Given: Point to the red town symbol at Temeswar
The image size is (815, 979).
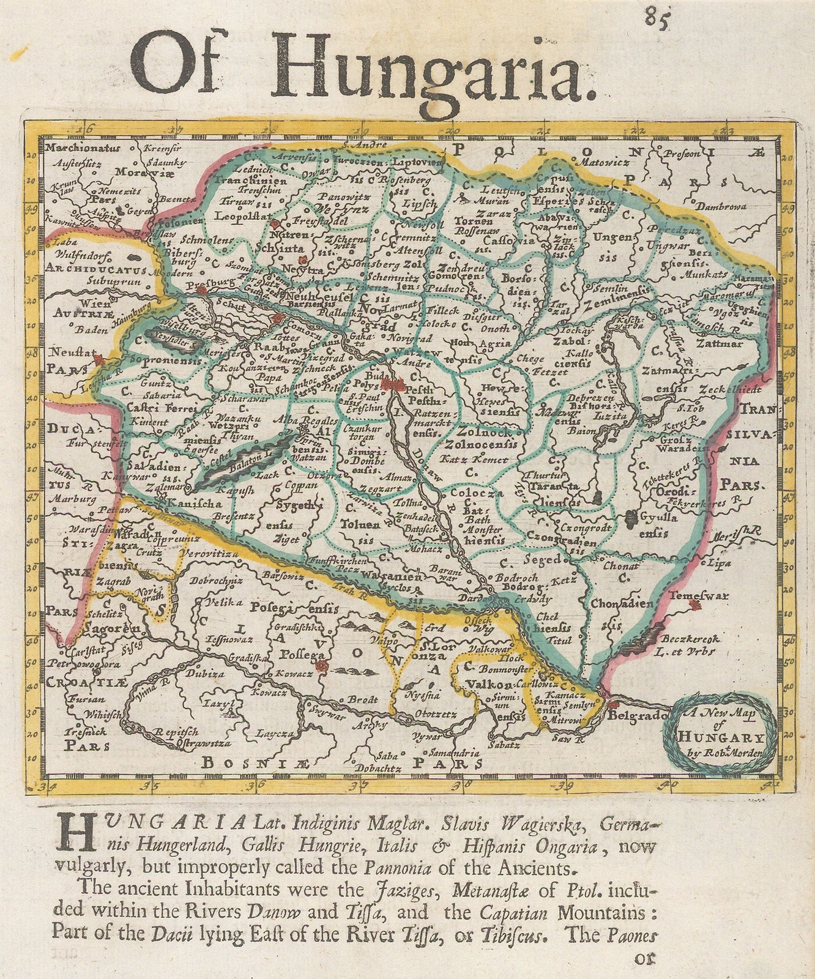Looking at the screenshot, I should click(693, 605).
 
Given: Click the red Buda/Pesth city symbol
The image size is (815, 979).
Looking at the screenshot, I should click(393, 385).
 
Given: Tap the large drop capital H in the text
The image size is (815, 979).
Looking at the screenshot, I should click(73, 833).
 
